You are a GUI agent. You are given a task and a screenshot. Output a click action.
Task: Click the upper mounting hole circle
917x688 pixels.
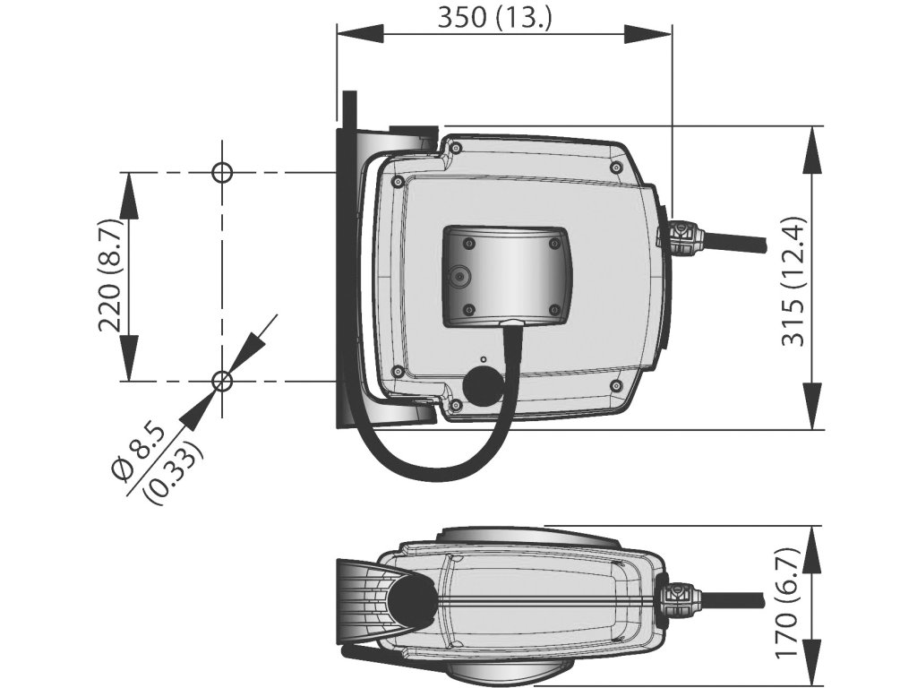pos(221,172)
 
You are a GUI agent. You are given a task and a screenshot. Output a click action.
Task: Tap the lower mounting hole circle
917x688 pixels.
pos(221,382)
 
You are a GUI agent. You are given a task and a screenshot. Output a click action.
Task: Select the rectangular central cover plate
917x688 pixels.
pos(506,274)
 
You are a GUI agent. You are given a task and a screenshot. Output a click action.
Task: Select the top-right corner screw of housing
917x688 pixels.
pos(615,168)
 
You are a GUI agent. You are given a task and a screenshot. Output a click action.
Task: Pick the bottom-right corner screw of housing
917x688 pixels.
pos(615,385)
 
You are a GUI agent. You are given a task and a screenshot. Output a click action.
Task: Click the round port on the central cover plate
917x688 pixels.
pos(459,277)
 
